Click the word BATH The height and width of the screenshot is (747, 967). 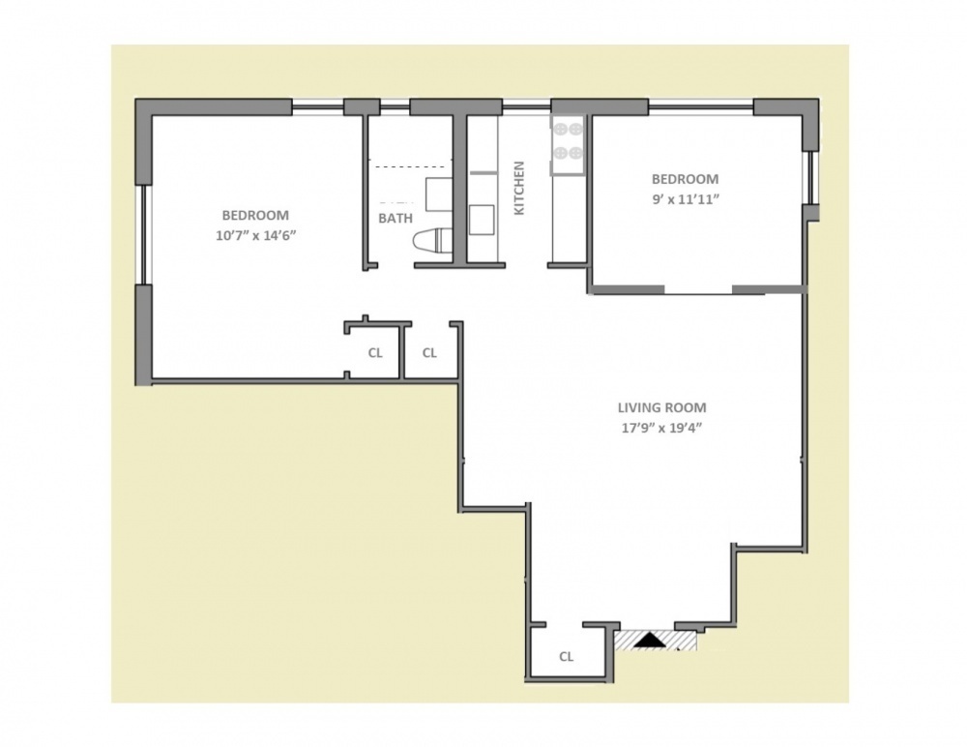[x=395, y=219]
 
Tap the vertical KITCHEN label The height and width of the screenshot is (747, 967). [x=518, y=188]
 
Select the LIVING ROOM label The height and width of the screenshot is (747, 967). [x=662, y=408]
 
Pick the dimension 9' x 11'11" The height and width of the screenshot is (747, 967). [x=685, y=199]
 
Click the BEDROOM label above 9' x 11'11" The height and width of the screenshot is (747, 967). [x=685, y=179]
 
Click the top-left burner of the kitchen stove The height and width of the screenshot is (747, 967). [x=560, y=127]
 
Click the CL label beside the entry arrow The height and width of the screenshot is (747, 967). [x=567, y=657]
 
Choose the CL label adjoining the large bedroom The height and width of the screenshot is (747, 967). [x=375, y=353]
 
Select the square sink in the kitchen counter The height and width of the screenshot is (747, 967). [x=482, y=220]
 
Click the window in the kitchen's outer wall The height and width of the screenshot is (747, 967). [x=525, y=105]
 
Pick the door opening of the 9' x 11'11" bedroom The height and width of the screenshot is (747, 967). [x=697, y=290]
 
